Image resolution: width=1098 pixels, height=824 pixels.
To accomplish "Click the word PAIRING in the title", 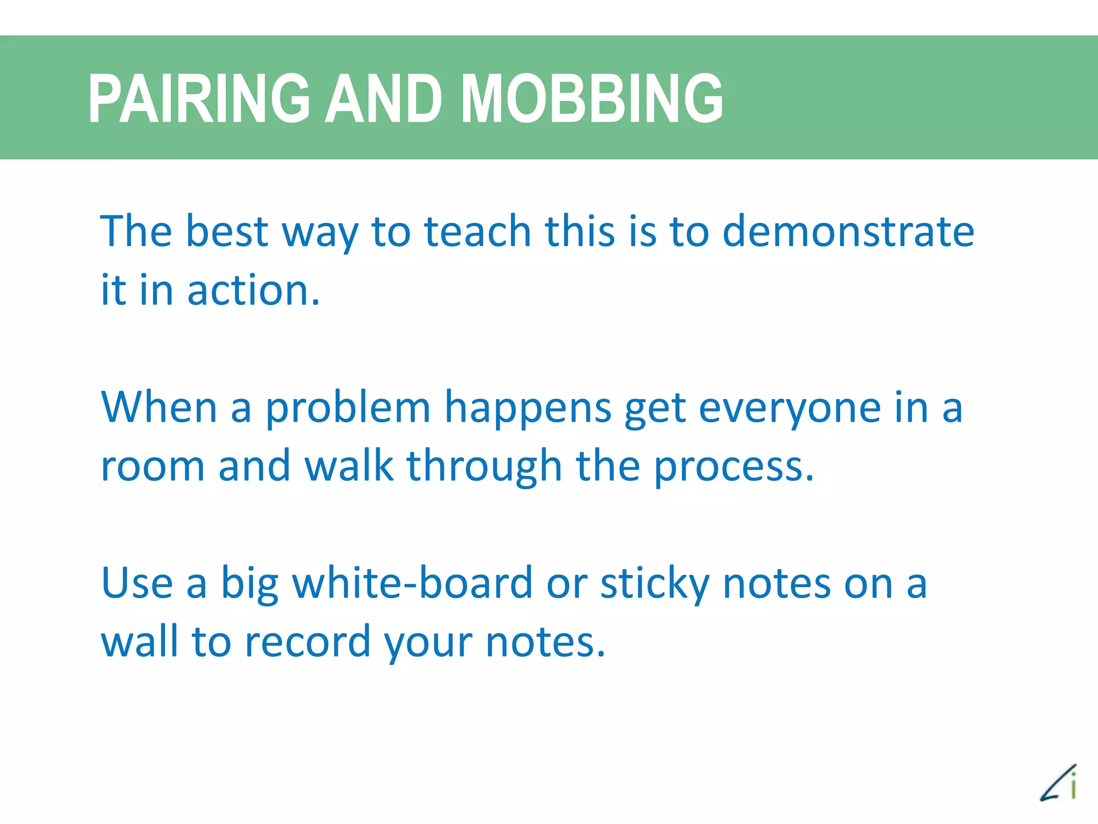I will tap(199, 99).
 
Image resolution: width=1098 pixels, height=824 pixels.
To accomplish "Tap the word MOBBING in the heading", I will tap(592, 99).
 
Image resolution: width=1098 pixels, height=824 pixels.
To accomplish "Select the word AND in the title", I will tap(384, 99).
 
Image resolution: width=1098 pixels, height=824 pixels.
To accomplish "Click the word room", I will tap(153, 466).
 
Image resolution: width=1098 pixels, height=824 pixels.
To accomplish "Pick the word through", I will tap(484, 466).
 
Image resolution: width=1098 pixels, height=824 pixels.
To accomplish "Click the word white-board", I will tap(412, 584).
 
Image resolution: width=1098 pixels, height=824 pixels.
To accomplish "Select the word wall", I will tap(139, 642).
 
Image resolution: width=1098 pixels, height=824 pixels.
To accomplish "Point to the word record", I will tap(307, 643).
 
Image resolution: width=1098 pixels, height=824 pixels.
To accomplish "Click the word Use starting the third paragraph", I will tap(137, 584).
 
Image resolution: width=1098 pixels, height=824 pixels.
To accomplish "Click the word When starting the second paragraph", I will tap(159, 408).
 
